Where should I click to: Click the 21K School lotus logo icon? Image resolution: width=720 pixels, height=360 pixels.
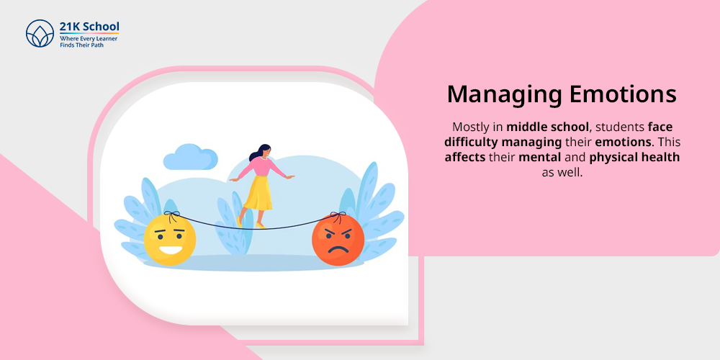coord(40,34)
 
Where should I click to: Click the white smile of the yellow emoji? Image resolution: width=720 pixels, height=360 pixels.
coord(171,251)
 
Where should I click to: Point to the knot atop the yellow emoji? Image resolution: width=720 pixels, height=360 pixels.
coord(171,214)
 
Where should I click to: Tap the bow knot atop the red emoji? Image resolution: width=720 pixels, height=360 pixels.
coord(341,215)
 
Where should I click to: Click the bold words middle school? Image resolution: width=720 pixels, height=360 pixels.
coord(547,126)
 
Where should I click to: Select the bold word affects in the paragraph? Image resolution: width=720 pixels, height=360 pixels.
coord(465,158)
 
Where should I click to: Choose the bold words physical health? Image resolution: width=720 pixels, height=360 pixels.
coord(634,158)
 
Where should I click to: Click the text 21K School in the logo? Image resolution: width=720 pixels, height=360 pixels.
coord(89,26)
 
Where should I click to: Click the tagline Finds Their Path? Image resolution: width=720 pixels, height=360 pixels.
coord(82,45)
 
